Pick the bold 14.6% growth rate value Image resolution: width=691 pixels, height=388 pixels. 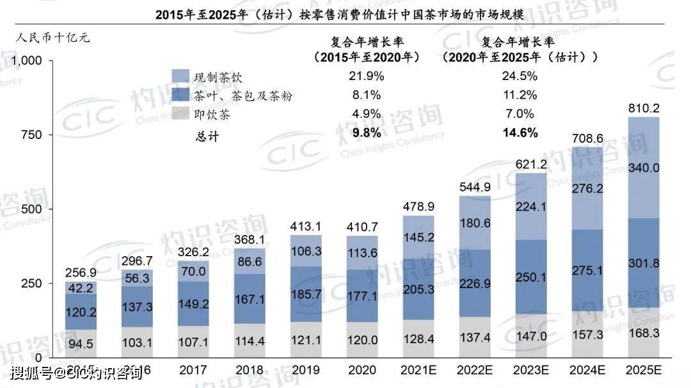pos(520,133)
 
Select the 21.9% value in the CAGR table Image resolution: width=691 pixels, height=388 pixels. pos(367,76)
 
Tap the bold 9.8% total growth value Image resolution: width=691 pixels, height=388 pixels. pos(367,133)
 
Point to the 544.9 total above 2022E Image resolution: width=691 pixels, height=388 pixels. pos(475,188)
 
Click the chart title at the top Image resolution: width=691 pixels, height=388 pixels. pos(340,14)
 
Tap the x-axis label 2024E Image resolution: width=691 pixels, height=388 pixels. pos(589,370)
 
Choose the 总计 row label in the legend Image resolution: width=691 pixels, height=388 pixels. pos(207,136)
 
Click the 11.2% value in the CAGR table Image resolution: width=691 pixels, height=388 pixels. pos(520,95)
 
